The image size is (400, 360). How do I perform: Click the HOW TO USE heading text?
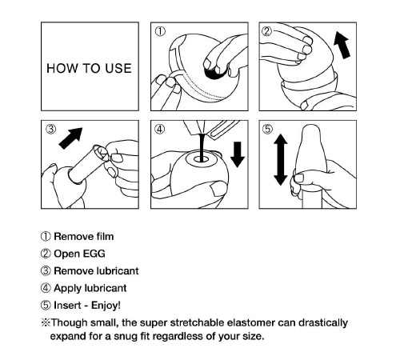coord(89,68)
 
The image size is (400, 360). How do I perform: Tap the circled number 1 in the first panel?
coord(160,31)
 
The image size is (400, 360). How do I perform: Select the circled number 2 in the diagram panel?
coord(266,31)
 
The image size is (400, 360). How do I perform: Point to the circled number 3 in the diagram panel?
coord(51,129)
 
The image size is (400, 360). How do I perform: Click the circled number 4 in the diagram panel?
coord(160,129)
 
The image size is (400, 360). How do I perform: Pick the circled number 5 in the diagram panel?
coord(268,129)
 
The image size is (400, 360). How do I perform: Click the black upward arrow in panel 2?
coord(342,45)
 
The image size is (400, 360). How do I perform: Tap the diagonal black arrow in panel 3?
coord(70,138)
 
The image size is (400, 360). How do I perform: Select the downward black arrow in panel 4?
coord(238,154)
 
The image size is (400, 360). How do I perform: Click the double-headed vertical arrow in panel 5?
coord(281,159)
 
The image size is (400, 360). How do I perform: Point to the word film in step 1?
coord(105,237)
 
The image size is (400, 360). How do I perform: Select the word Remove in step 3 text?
coord(74,271)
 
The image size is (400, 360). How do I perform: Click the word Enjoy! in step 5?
coord(106,306)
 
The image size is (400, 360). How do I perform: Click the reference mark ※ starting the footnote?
coord(46,322)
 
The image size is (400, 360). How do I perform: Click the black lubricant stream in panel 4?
coord(202,147)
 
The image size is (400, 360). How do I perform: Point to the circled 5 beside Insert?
coord(46,306)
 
